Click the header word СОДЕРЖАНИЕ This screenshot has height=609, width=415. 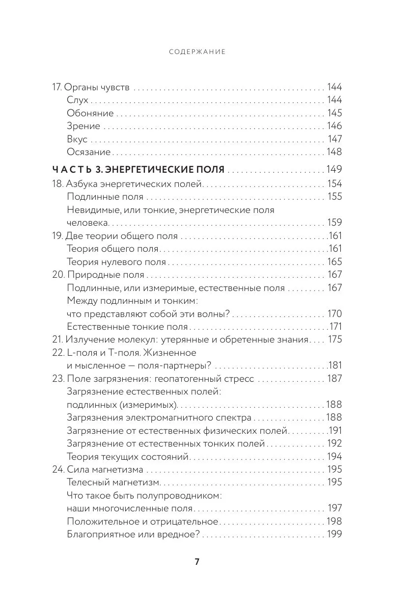197,52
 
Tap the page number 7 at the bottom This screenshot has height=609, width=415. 197,562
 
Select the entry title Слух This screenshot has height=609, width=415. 77,100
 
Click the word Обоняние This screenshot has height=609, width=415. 90,113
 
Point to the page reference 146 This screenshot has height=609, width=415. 334,126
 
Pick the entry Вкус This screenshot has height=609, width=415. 77,139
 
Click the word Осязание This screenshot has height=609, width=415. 88,152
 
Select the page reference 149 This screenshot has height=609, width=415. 334,170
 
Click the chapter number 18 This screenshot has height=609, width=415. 57,184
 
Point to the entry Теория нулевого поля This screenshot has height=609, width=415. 116,262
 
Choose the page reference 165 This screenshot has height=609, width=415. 334,262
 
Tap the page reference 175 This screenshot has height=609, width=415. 334,339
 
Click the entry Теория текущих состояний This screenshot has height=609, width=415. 128,457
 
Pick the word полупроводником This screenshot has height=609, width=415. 179,495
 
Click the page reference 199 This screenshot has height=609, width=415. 334,534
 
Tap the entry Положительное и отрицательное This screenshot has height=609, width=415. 142,521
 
